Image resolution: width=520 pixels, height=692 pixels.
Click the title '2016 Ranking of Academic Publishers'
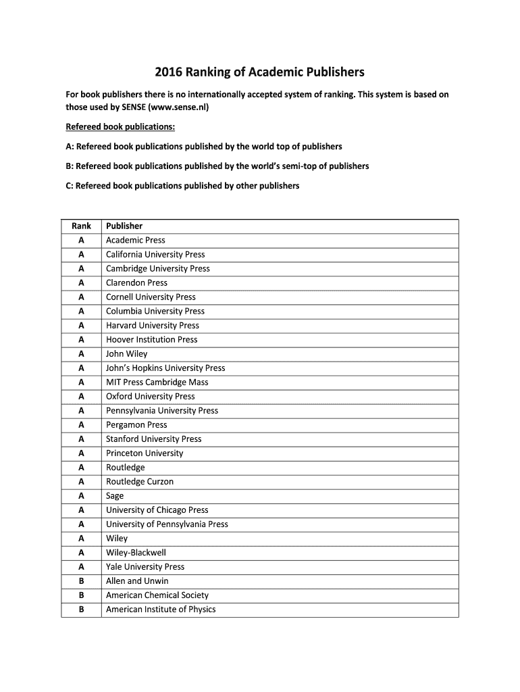point(259,72)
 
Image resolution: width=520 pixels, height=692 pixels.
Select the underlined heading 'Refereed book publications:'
point(120,126)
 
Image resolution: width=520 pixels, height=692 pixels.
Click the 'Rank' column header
point(81,226)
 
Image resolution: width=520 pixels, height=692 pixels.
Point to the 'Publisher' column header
point(124,226)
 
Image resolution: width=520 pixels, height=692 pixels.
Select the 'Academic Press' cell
point(135,240)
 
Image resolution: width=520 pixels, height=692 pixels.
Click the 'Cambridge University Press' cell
point(157,268)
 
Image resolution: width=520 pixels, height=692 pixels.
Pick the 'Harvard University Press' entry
point(152,325)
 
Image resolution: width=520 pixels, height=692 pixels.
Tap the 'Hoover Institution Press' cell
point(151,339)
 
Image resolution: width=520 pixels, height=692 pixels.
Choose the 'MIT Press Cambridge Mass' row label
point(157,382)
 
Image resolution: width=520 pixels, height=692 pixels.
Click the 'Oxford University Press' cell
point(150,396)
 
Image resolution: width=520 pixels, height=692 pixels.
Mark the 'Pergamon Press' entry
point(136,424)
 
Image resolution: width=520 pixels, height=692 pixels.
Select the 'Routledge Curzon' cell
point(139,481)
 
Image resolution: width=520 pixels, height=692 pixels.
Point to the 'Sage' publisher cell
point(115,495)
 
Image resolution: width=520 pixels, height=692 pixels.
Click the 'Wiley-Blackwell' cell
point(136,552)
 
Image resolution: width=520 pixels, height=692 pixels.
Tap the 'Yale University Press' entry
point(145,566)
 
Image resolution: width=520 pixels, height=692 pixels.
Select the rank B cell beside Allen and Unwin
point(81,580)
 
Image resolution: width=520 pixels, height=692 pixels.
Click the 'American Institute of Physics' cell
point(161,609)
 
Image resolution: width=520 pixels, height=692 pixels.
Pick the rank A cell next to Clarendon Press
point(81,282)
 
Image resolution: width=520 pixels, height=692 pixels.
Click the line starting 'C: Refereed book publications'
point(182,185)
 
